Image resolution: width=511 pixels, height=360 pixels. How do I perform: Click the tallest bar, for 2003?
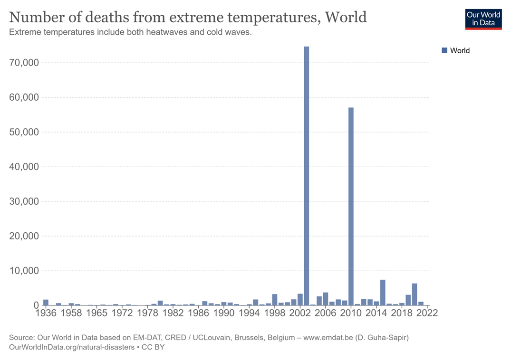click(x=306, y=176)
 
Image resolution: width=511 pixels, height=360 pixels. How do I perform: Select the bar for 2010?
click(x=351, y=207)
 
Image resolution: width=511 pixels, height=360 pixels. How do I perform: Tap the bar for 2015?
click(x=383, y=293)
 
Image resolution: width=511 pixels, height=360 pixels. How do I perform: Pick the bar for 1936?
click(x=46, y=303)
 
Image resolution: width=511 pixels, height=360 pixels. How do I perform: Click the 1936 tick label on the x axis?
click(x=46, y=313)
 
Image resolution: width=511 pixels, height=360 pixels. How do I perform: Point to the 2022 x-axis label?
click(x=427, y=313)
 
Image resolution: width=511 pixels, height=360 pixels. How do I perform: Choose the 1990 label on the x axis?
click(x=224, y=313)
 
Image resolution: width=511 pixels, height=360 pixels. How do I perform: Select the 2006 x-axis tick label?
click(x=326, y=313)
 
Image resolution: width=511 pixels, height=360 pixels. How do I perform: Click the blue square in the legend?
click(x=444, y=50)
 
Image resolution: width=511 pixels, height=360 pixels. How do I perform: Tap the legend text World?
click(x=460, y=50)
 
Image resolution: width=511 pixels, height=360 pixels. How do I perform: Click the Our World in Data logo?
click(x=483, y=19)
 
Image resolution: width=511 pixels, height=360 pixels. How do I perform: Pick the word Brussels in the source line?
click(x=248, y=338)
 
